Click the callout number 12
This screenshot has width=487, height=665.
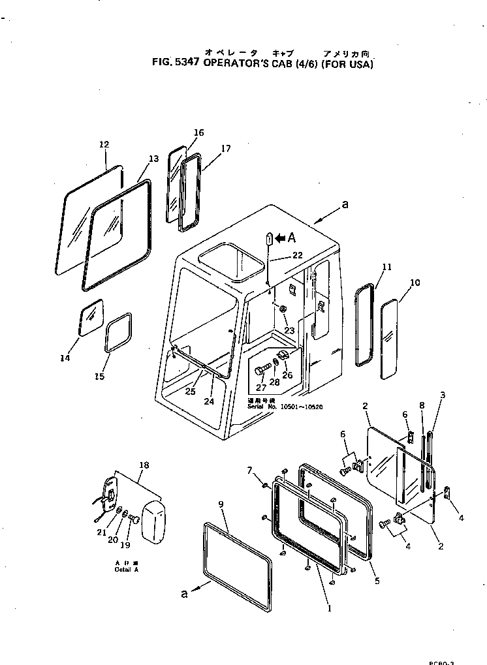click(x=104, y=144)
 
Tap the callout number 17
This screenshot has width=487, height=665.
click(x=225, y=148)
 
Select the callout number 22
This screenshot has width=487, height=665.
click(x=297, y=255)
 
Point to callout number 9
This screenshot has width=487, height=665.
click(x=221, y=504)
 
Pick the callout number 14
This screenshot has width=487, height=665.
click(x=65, y=358)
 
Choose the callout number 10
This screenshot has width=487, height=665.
click(x=415, y=283)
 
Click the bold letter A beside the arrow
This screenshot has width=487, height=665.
click(x=292, y=238)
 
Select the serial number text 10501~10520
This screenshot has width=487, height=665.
click(x=302, y=407)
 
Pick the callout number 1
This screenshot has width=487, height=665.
click(x=330, y=609)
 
